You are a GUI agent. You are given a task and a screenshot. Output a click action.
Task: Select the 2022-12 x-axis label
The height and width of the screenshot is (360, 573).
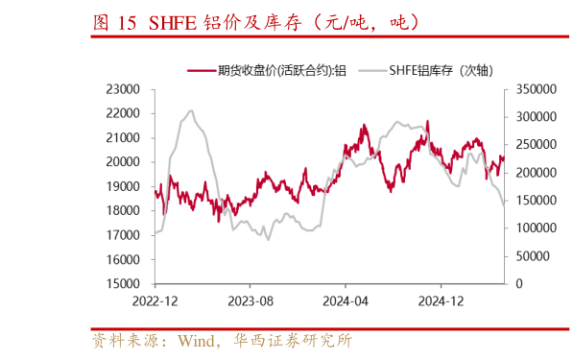[155, 300]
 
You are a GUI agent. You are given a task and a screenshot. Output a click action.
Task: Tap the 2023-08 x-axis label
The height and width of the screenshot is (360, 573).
[250, 300]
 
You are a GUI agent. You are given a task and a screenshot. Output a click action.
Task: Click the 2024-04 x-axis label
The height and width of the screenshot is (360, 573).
[345, 300]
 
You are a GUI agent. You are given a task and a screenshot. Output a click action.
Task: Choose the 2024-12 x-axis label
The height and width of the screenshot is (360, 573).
[440, 300]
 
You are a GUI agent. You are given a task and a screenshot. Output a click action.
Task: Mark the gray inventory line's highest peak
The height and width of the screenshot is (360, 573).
[191, 111]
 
